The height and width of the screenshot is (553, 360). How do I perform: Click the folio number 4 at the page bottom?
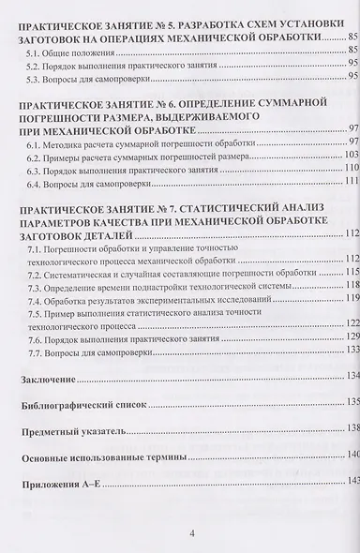(191, 533)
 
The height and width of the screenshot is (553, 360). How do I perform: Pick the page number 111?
(352, 182)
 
